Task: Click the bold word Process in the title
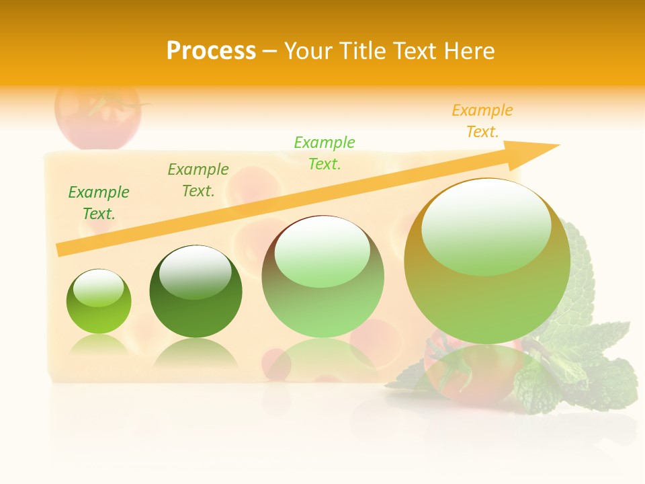(x=211, y=51)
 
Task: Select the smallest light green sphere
(x=99, y=302)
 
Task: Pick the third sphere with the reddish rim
(x=322, y=277)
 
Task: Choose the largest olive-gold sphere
(x=487, y=261)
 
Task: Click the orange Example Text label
(x=482, y=121)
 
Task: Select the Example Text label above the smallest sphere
(x=99, y=203)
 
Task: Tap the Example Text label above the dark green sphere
(x=198, y=180)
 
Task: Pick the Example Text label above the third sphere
(x=325, y=153)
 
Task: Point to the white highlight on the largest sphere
(x=486, y=225)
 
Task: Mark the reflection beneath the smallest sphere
(x=99, y=346)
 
